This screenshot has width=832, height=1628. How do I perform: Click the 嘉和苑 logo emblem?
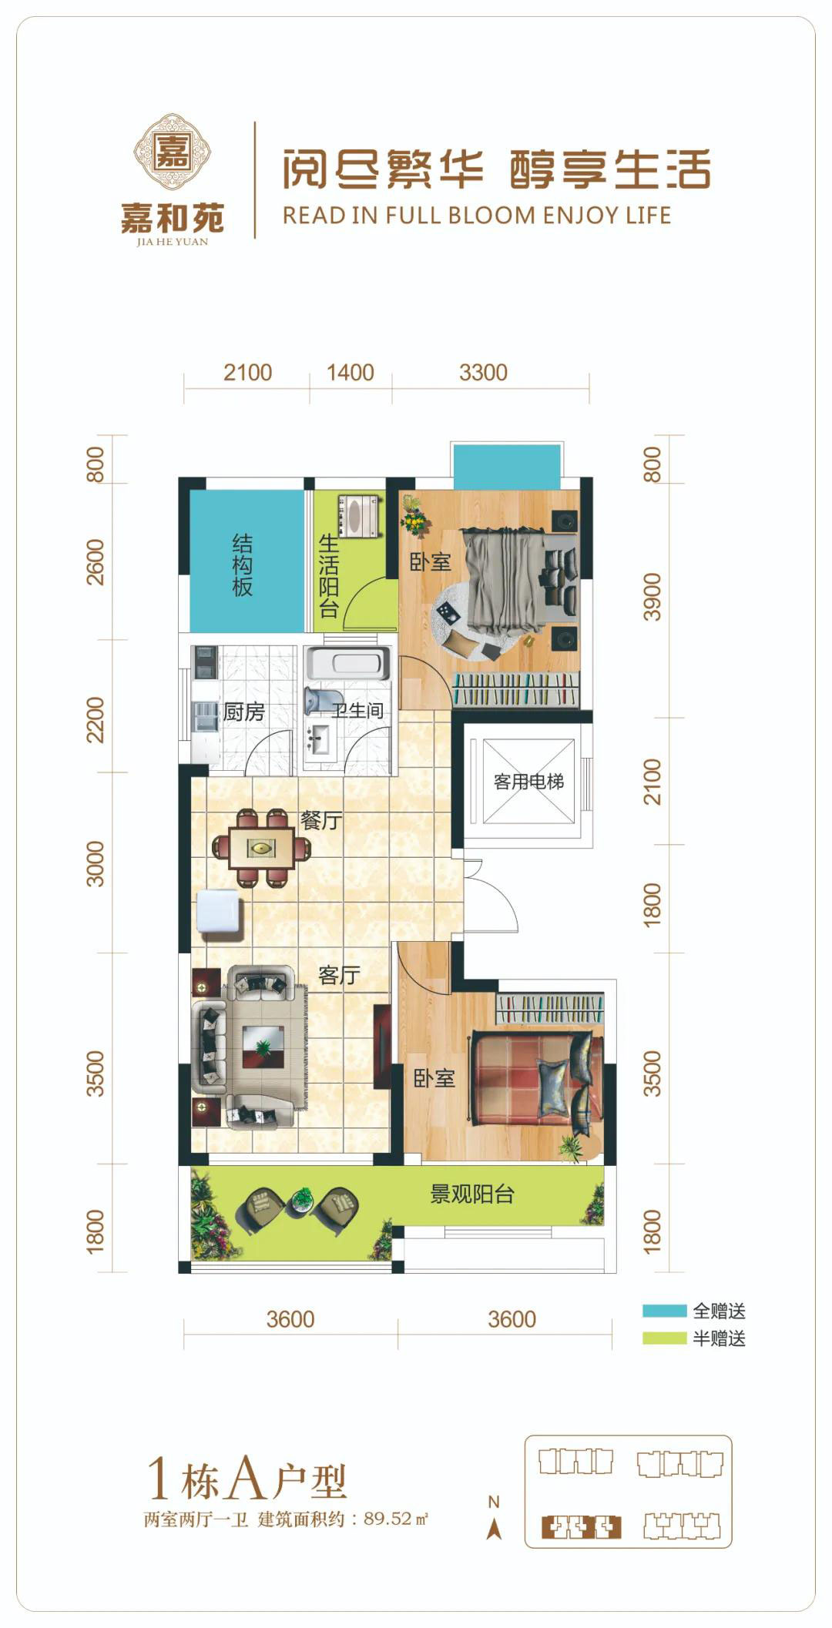point(173,151)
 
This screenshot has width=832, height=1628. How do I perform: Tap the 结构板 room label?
point(243,566)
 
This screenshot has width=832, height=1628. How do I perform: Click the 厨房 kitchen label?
point(243,712)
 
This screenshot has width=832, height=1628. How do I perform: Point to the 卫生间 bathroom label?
point(357,710)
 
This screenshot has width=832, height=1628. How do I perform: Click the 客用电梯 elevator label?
point(528,782)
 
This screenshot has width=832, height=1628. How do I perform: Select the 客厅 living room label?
point(339,975)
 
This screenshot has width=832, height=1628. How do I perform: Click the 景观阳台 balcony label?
point(471,1194)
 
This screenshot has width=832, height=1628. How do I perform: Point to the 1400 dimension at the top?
point(350,373)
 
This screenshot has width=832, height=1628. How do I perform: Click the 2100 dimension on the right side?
point(652,782)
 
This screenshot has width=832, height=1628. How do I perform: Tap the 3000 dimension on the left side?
point(95,863)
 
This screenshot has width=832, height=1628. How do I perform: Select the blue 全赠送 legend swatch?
point(664,1310)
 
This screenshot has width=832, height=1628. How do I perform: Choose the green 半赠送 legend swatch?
point(664,1338)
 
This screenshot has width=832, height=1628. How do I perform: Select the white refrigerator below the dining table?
point(221,913)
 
